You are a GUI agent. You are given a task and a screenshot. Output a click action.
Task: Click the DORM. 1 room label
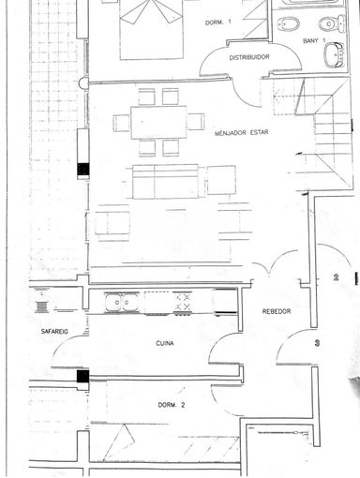[x=218, y=22]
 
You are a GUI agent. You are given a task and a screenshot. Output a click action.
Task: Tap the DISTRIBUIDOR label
[x=249, y=57]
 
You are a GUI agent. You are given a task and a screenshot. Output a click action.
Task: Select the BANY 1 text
[x=314, y=40]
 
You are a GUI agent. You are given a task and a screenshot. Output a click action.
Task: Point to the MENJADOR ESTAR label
[x=241, y=133]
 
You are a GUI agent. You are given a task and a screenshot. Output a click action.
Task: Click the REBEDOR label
[x=277, y=311]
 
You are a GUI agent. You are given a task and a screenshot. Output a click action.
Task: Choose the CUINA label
[x=165, y=343]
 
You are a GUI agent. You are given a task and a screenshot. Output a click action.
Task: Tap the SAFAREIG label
[x=54, y=332]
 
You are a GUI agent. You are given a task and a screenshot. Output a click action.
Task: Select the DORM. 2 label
[x=172, y=405]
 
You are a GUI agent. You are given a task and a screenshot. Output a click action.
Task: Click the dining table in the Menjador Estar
[x=158, y=122]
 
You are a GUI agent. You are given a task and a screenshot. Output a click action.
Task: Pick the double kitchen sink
[x=122, y=302]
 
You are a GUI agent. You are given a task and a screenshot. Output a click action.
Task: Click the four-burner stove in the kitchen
[x=182, y=302]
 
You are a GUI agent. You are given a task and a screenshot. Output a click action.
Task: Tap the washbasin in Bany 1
[x=334, y=55]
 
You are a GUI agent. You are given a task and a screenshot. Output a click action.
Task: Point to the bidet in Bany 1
[x=289, y=23]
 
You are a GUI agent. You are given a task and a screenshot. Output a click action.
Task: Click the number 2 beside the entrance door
[x=337, y=277]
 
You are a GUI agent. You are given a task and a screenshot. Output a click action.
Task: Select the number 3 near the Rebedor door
[x=317, y=343]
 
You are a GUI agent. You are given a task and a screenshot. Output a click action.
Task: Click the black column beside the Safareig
[x=83, y=376]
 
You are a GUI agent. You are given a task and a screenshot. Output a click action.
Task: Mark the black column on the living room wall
[x=83, y=169]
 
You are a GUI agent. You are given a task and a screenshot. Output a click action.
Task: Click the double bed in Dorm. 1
[x=151, y=30]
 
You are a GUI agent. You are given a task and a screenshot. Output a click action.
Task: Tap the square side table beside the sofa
[x=221, y=180]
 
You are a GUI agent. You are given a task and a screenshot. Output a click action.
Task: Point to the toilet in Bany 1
[x=332, y=23]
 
